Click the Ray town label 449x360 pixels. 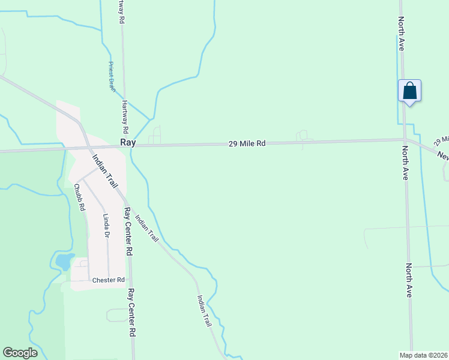click(x=128, y=143)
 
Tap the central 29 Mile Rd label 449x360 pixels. click(x=247, y=144)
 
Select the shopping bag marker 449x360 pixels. click(x=409, y=91)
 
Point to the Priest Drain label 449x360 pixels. click(x=111, y=76)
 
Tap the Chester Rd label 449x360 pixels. click(x=108, y=280)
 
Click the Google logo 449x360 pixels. click(x=20, y=353)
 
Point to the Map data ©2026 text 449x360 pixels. click(x=423, y=355)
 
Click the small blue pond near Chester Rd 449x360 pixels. click(x=63, y=262)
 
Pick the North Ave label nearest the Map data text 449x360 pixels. click(x=409, y=280)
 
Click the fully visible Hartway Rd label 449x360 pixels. click(x=125, y=116)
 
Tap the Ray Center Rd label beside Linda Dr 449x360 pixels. click(x=128, y=232)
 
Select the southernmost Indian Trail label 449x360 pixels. click(x=204, y=310)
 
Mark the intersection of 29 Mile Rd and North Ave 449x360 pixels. click(x=405, y=140)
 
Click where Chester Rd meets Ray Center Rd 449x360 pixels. click(x=131, y=280)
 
